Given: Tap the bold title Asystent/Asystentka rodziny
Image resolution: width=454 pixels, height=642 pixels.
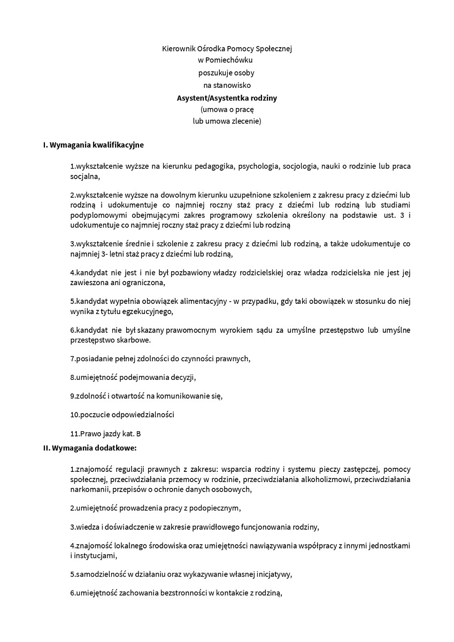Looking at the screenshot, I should (227, 98).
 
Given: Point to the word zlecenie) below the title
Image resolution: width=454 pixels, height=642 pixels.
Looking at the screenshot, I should (245, 121).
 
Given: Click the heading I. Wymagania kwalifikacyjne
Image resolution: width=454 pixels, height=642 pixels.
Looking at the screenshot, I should (93, 144).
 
